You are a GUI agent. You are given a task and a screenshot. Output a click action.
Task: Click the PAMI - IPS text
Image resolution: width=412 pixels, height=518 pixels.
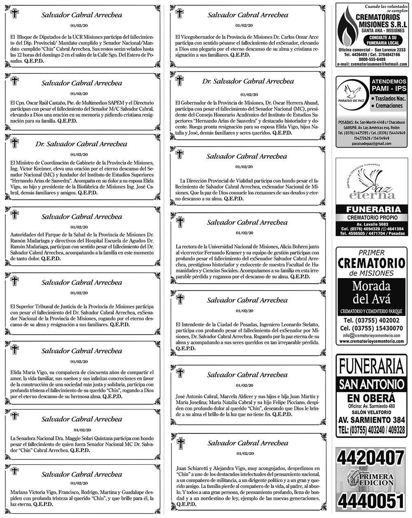(x=389, y=89)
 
